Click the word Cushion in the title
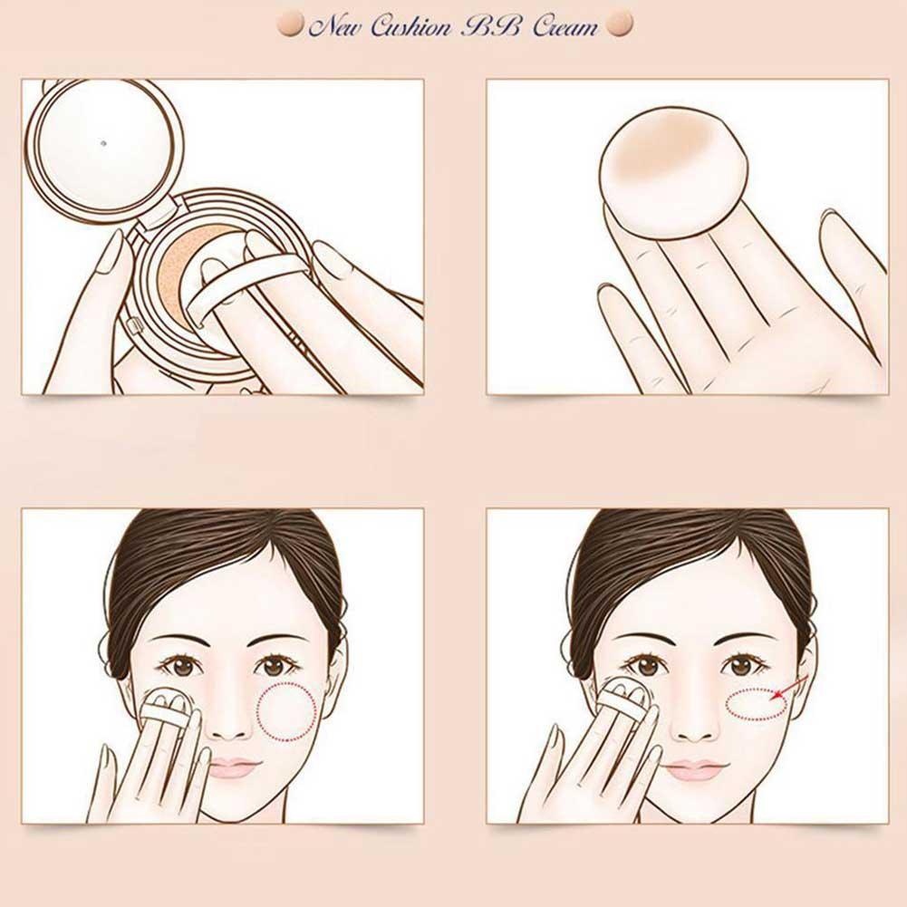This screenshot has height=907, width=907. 410,26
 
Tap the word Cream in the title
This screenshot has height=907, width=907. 564,26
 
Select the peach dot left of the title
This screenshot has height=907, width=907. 290,25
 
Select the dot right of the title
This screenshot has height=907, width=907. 620,24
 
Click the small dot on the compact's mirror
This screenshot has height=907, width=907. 103,142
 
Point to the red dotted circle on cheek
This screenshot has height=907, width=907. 287,711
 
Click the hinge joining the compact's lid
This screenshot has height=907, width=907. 158,213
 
